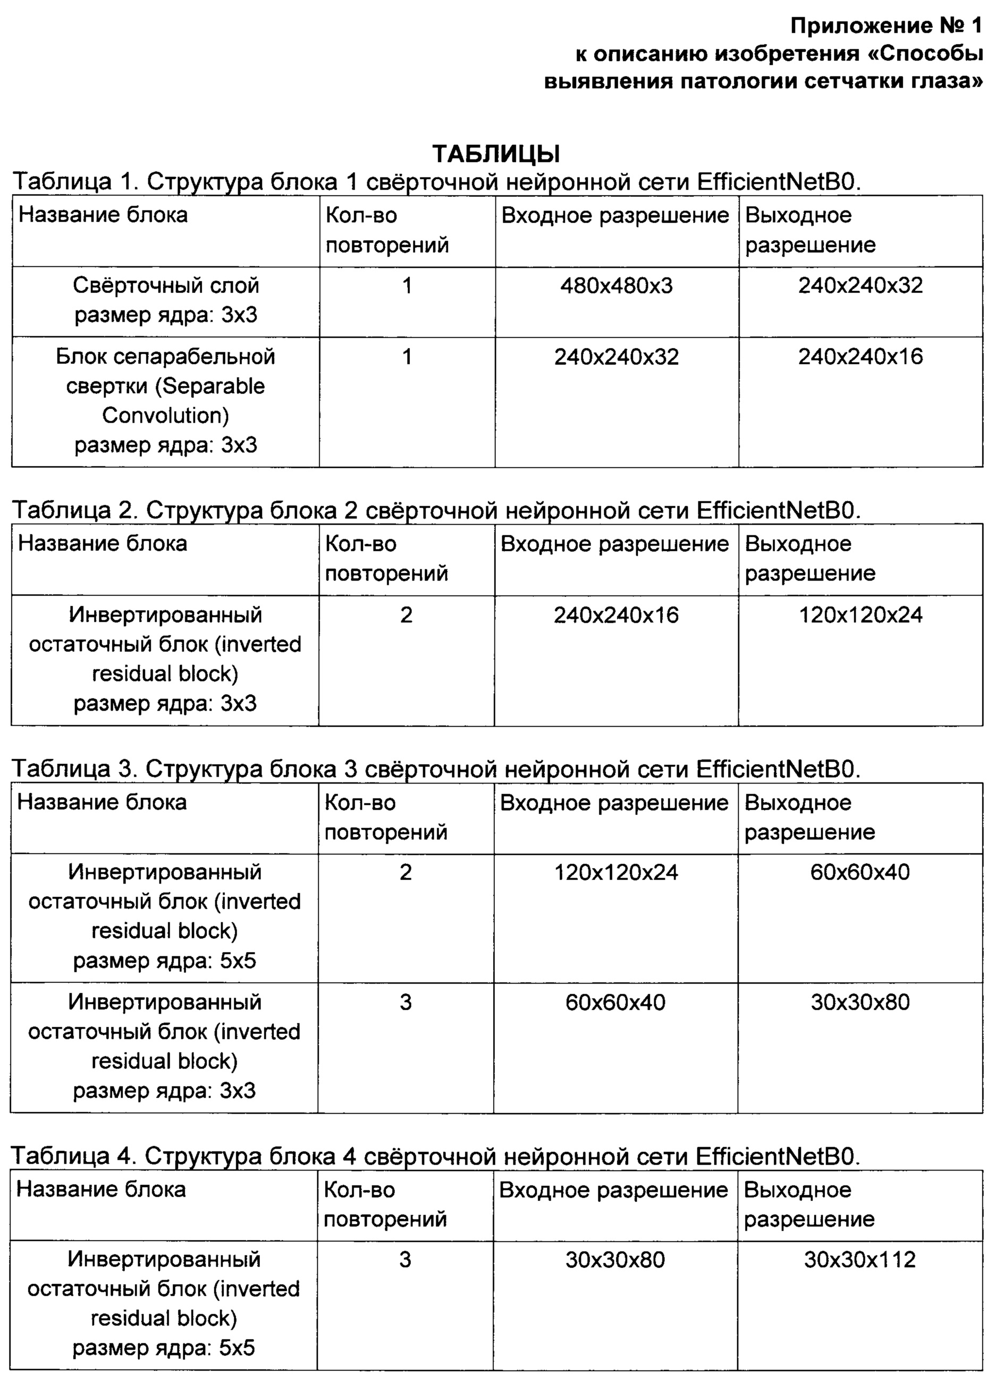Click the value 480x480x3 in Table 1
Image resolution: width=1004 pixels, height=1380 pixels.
616,285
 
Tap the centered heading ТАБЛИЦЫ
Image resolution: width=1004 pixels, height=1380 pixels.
496,154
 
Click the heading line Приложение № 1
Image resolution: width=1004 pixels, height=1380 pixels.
887,26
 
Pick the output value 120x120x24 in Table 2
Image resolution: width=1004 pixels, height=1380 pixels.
860,615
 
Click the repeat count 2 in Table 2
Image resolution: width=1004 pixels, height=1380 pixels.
406,615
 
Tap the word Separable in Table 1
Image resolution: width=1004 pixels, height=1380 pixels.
214,386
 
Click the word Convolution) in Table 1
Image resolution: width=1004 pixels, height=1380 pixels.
165,415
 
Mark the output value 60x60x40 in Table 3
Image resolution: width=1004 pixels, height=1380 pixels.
859,872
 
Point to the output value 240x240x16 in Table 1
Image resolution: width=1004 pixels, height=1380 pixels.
860,357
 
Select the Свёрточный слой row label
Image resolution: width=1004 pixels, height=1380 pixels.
165,285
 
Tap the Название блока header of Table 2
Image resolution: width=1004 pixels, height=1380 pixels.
102,543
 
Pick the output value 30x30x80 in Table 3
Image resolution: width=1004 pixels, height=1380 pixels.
859,1002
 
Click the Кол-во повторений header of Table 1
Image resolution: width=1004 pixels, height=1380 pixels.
386,230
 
